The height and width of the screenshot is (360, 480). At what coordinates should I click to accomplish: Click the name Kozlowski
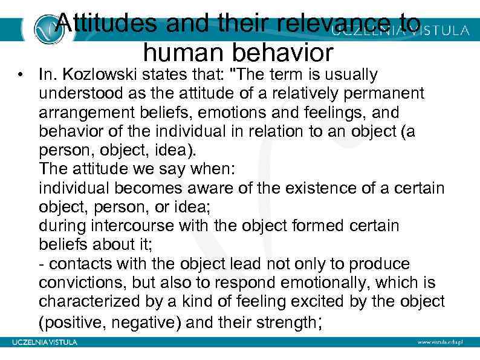tap(99, 75)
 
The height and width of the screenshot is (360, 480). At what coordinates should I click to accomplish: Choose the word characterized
tap(88, 302)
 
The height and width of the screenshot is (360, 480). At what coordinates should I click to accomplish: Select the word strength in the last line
tap(283, 321)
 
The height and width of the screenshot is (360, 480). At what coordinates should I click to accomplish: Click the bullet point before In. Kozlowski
tap(21, 75)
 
